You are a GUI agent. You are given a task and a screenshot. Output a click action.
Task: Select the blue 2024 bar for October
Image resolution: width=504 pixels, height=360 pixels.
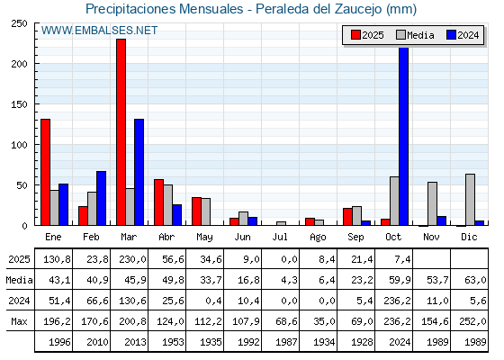403,136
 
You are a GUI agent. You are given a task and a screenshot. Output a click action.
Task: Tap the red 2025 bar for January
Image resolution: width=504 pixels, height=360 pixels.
45,172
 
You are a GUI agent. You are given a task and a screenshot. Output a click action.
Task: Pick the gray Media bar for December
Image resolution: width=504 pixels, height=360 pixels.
470,199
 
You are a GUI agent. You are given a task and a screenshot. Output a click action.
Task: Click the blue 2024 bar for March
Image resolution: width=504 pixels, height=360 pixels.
139,172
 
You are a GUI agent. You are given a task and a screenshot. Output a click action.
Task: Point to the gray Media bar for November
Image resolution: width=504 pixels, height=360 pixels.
432,203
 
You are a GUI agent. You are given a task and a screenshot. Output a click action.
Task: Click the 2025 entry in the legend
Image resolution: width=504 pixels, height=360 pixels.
367,35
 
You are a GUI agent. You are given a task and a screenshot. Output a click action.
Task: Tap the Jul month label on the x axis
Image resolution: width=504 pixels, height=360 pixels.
280,236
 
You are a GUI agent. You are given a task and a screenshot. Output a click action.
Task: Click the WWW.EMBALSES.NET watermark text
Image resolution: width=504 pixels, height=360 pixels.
99,31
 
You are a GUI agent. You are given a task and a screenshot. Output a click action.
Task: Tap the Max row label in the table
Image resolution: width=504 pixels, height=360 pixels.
18,321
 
